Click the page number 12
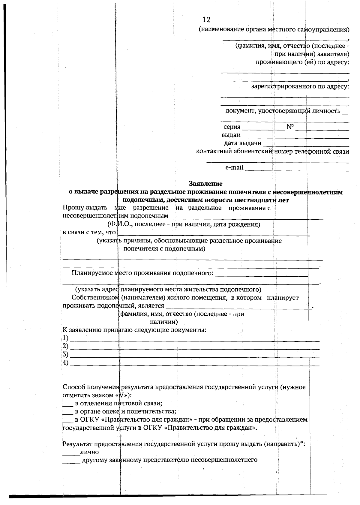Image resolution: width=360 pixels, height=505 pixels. [206, 20]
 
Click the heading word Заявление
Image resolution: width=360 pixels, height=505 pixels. [205, 183]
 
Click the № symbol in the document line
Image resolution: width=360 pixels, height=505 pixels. [290, 127]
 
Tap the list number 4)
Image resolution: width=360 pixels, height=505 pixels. [65, 363]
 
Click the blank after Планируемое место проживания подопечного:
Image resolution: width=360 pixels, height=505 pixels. [262, 275]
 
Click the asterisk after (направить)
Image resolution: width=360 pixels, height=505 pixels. [302, 443]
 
